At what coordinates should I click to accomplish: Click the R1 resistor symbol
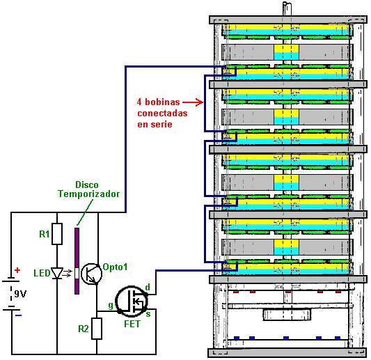[x=57, y=233]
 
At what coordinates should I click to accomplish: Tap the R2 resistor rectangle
[x=97, y=329]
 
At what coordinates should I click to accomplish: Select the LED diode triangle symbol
[x=57, y=273]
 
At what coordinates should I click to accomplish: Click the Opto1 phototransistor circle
[x=92, y=274]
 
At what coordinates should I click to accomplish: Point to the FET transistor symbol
[x=132, y=302]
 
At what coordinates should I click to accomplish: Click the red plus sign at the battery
[x=17, y=270]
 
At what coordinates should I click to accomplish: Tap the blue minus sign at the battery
[x=19, y=315]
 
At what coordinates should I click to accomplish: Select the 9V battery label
[x=20, y=294]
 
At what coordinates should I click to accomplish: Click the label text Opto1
[x=115, y=267]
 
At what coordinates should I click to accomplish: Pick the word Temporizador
[x=89, y=194]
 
